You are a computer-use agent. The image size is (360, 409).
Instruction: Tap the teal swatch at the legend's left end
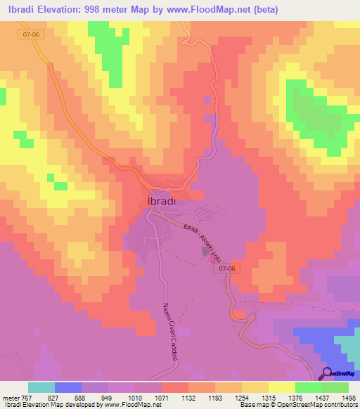[41, 387]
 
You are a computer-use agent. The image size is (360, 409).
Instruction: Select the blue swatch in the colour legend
[67, 387]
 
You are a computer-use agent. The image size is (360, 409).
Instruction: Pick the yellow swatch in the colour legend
[282, 387]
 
